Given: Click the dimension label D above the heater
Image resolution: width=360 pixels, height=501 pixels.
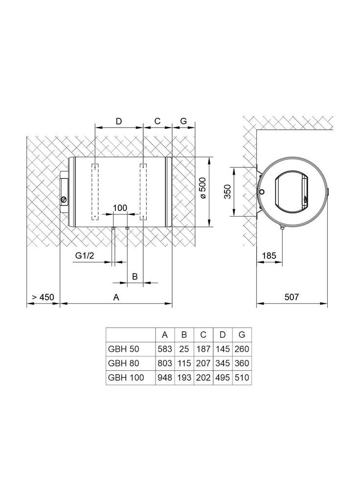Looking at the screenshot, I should (x=118, y=121).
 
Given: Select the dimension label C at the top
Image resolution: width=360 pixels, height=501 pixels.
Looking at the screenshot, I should (x=157, y=121).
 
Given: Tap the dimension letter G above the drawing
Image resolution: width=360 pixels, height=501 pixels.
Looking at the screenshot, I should (x=183, y=121).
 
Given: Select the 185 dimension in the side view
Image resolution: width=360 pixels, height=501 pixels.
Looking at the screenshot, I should (x=269, y=255).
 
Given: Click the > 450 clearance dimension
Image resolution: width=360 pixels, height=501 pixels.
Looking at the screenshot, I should (x=42, y=297).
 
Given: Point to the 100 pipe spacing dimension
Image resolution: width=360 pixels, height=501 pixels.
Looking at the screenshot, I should (x=120, y=208).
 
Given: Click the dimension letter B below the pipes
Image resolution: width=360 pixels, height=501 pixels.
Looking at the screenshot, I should (x=135, y=276).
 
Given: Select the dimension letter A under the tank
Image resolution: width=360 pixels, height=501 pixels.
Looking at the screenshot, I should (x=116, y=297).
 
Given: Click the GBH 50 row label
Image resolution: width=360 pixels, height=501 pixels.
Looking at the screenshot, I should (x=121, y=349).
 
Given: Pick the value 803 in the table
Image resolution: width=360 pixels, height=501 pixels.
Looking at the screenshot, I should (x=165, y=364).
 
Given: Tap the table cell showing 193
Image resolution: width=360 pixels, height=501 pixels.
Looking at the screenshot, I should (x=184, y=378).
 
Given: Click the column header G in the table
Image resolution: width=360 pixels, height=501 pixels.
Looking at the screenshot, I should (x=242, y=335).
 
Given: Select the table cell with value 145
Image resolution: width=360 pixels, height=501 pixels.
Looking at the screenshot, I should (x=223, y=349).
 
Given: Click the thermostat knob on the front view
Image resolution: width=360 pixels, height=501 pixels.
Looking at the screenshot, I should (x=64, y=199).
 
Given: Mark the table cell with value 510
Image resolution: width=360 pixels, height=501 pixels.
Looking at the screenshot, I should (x=242, y=378).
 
